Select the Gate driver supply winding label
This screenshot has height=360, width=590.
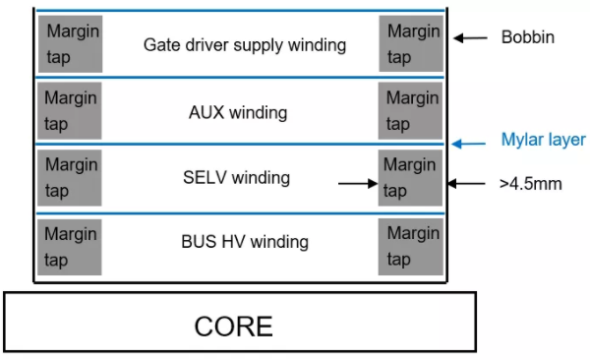tap(245, 44)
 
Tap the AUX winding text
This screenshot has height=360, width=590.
tap(238, 112)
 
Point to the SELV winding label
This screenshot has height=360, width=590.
tap(236, 178)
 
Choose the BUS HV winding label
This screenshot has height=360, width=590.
tap(245, 241)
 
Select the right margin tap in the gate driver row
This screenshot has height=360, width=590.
tap(412, 43)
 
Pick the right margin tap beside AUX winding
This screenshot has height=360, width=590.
tap(412, 110)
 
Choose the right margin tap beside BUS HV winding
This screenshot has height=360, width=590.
tap(412, 246)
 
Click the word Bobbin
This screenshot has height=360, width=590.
tap(528, 38)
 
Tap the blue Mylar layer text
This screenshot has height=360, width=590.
tap(543, 140)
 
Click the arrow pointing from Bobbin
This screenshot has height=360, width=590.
tap(471, 38)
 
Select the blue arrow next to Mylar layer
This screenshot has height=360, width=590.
tap(472, 144)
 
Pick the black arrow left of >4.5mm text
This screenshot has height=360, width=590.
tap(466, 183)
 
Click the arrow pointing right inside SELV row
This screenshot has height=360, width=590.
tap(358, 183)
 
